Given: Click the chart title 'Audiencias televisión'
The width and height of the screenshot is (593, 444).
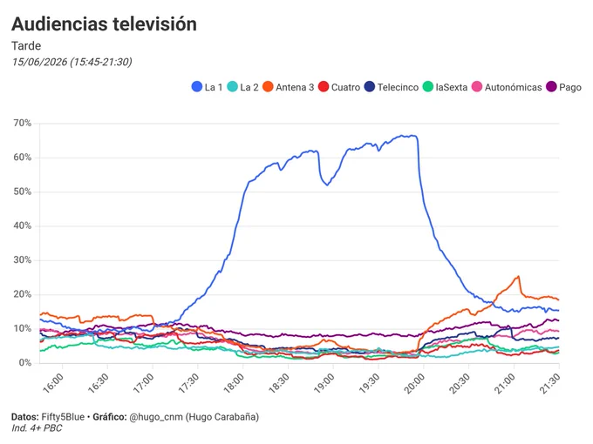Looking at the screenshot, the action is (104, 24).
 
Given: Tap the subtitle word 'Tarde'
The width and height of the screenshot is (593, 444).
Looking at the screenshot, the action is (26, 45).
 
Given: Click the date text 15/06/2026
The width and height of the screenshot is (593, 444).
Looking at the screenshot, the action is (39, 62).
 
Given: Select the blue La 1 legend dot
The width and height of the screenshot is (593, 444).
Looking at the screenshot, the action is (197, 87).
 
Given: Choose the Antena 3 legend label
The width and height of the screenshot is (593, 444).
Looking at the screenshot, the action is (295, 87).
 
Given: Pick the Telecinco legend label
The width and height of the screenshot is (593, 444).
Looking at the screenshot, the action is (398, 87).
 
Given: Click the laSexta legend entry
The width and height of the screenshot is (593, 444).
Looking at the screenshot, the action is (445, 87).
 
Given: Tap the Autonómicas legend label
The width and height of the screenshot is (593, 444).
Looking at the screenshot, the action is (513, 87).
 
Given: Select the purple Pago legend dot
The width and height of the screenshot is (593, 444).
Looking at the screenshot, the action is (551, 87).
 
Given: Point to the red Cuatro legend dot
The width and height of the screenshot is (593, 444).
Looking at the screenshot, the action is (324, 87).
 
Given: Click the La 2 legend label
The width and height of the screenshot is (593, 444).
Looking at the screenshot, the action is (249, 87).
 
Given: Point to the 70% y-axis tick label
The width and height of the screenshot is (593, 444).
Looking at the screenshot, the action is (23, 123).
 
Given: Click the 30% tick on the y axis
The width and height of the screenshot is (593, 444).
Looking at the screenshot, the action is (23, 260).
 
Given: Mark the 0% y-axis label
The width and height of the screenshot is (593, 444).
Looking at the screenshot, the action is (25, 363).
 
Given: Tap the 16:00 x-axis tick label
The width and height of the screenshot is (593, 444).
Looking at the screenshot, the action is (53, 383).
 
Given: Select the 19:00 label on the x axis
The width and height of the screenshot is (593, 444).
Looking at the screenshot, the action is (324, 383).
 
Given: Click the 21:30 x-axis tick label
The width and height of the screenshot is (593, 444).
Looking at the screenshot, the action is (550, 383).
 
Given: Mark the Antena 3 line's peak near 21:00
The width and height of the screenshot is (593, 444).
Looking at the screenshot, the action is (518, 276).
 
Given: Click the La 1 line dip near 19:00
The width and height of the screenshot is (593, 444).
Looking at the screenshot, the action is (327, 185).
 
